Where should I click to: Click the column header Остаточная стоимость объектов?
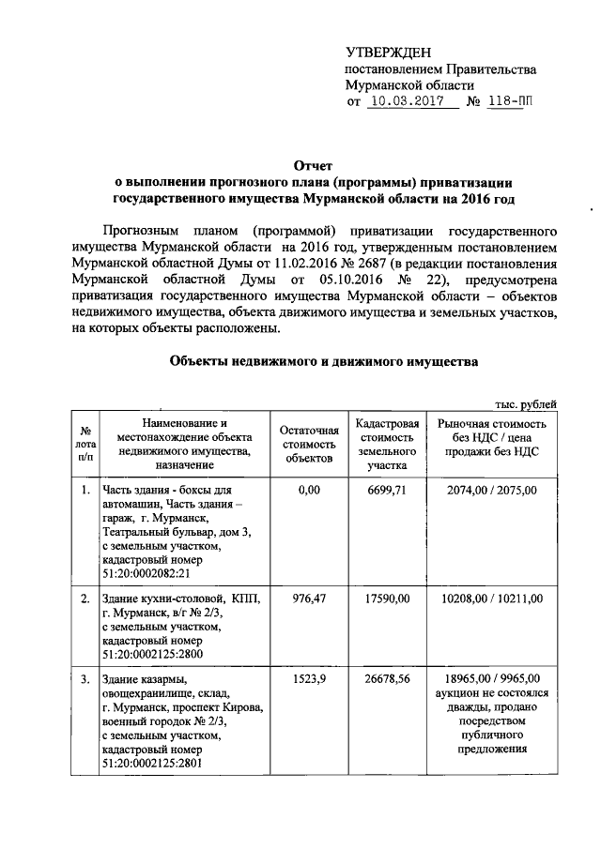308,443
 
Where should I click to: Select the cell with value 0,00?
309,491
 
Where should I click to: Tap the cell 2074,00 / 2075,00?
493,491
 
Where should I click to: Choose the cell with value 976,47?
309,599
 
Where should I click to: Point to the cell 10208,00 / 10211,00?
493,599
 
